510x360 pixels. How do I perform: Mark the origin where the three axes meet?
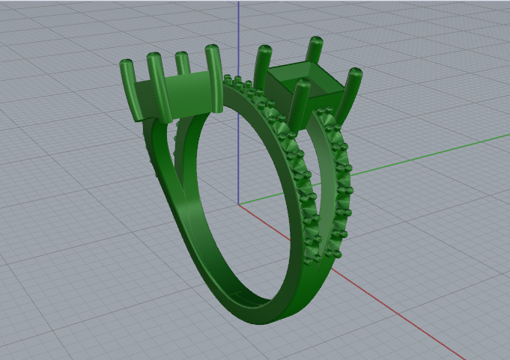coord(238,204)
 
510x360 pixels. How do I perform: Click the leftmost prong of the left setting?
coord(128,90)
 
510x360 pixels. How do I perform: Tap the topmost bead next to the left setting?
coord(229,79)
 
